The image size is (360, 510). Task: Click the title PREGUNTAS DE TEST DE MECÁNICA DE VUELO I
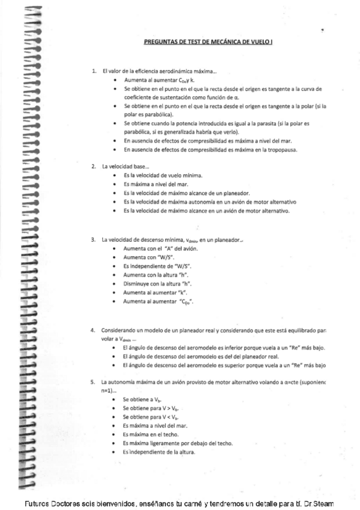(208, 43)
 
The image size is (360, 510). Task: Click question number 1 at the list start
(93, 71)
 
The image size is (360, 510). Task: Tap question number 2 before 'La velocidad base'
(93, 166)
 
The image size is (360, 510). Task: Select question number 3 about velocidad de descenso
(93, 239)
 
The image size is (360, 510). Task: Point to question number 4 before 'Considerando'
(93, 330)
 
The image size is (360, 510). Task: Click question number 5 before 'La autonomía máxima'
(93, 382)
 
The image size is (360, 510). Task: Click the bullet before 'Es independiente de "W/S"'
(115, 266)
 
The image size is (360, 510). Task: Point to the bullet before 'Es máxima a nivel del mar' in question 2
(115, 184)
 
